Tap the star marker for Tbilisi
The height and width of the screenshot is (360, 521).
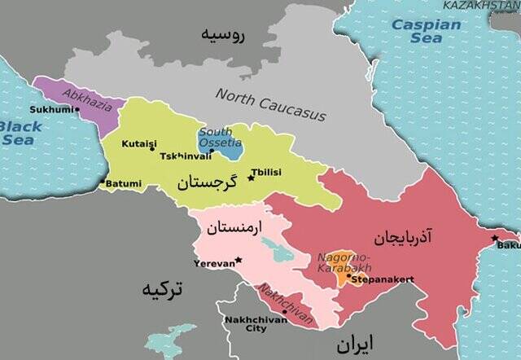click(x=252, y=177)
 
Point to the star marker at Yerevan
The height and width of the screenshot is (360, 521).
click(x=238, y=261)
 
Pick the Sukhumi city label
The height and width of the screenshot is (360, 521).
click(x=48, y=109)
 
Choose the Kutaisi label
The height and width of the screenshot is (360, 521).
click(x=138, y=143)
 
